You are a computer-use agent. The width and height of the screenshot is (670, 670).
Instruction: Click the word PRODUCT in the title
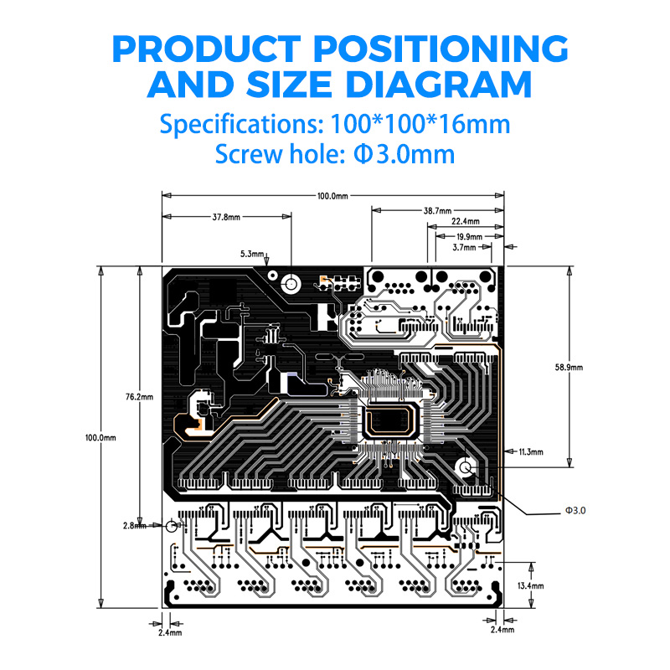(x=206, y=49)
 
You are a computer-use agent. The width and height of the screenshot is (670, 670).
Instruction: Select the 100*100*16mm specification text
(x=420, y=124)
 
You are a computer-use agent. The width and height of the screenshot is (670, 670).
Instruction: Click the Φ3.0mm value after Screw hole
(x=405, y=154)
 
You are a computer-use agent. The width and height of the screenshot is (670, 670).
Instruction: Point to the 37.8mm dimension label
(x=226, y=217)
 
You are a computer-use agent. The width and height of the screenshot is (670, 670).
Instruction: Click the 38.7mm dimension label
(x=437, y=211)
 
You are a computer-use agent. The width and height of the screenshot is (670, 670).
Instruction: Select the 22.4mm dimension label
(x=466, y=221)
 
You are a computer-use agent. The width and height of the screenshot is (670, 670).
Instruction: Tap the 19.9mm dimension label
(x=469, y=237)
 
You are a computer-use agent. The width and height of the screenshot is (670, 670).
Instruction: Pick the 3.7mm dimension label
(x=464, y=247)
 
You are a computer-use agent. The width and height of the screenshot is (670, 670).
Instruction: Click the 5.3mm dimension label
(x=252, y=254)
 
